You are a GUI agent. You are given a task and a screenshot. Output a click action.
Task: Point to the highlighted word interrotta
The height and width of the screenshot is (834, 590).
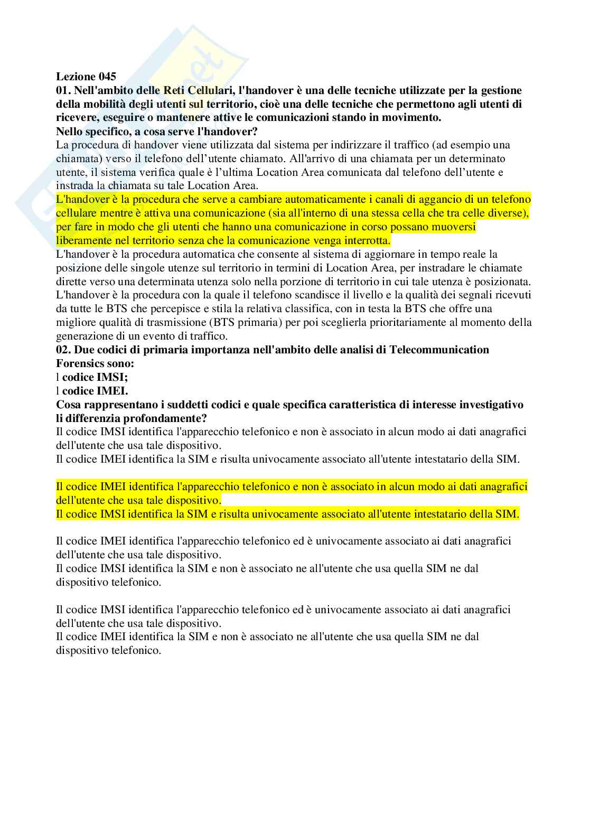click(364, 240)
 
